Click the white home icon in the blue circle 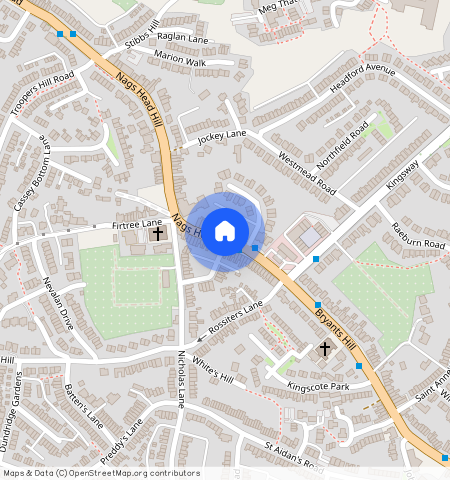click(225, 231)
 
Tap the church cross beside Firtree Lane click(158, 234)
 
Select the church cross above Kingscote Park click(324, 349)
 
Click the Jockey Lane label click(221, 136)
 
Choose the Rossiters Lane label click(236, 316)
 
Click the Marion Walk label click(180, 62)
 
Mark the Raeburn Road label click(417, 236)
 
